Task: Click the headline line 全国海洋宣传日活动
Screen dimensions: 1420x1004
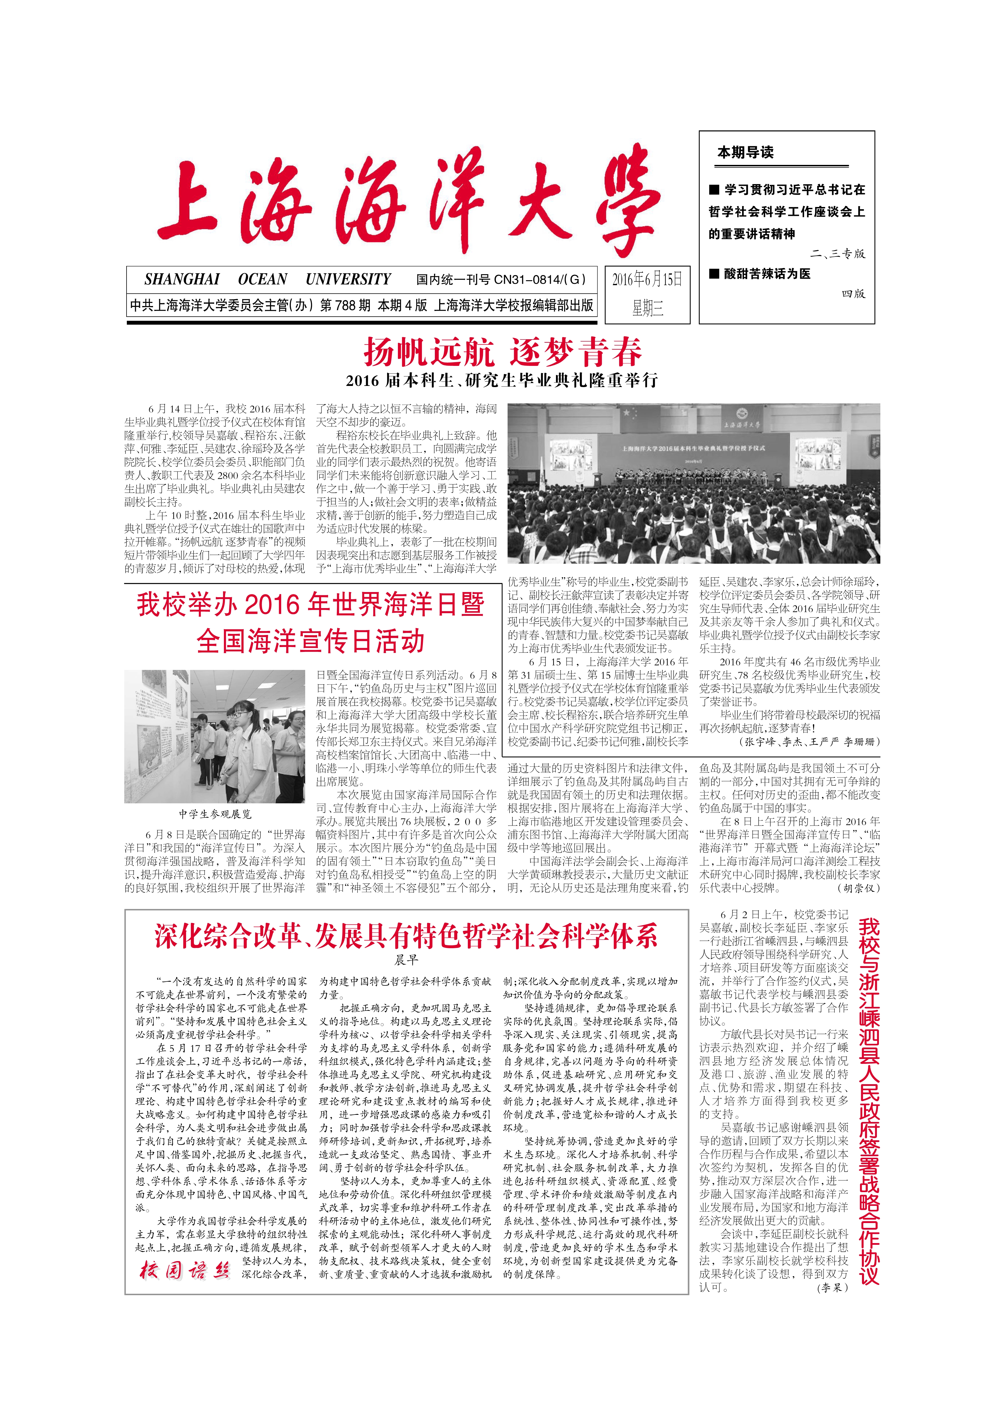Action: (x=311, y=641)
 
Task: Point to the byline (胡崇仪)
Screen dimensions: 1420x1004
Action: (x=858, y=888)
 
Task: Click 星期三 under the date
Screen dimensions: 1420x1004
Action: (x=647, y=307)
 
